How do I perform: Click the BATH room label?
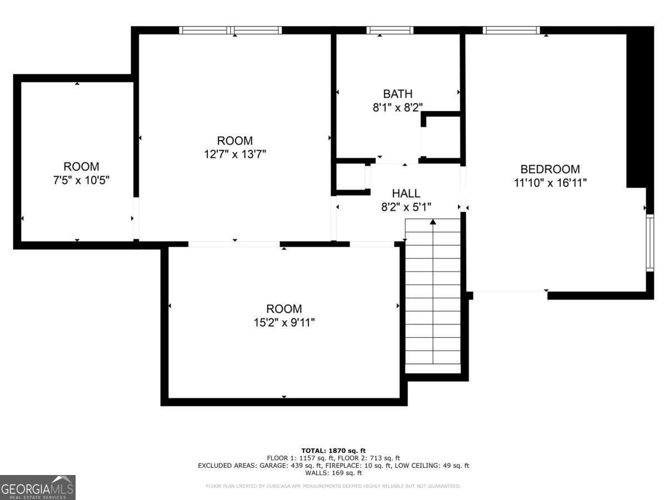coord(397,94)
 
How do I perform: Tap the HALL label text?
coord(406,193)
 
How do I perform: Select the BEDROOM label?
coord(550,169)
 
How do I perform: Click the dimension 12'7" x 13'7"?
coord(235,154)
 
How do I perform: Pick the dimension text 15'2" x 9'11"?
coord(284,322)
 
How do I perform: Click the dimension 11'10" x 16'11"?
coord(550,182)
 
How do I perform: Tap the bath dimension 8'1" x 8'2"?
coord(397,107)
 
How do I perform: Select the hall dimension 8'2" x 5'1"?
coord(406,207)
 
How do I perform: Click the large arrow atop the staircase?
coord(432,222)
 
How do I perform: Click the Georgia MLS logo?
coord(37,487)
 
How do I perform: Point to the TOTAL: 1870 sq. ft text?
coord(333,451)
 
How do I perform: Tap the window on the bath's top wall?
coord(390,30)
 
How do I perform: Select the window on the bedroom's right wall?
coord(649,243)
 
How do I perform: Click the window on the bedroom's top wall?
coord(511,30)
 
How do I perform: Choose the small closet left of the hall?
coord(351,177)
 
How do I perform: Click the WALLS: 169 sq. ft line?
coord(333,473)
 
